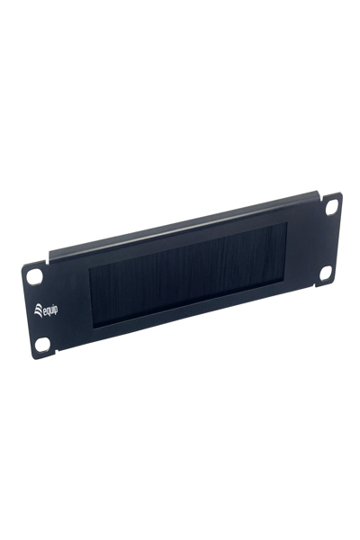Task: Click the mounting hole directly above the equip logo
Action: point(34,276)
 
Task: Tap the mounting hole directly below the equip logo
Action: point(42,344)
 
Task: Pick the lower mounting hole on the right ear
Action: point(326,273)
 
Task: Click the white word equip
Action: point(50,310)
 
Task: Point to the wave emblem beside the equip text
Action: point(38,310)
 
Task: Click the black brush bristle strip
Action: point(189,274)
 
